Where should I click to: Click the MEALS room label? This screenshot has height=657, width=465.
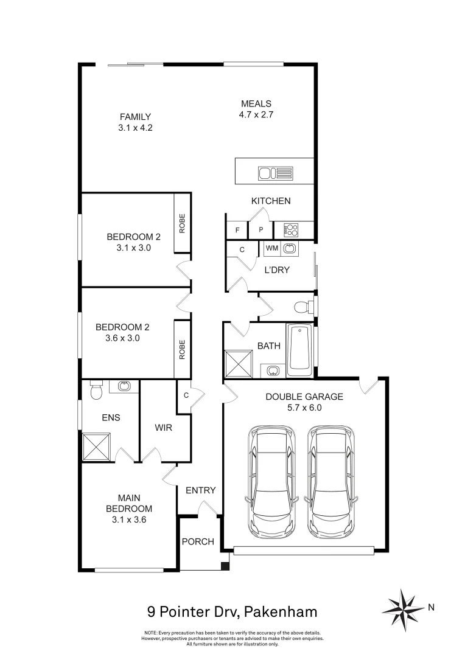point(256,103)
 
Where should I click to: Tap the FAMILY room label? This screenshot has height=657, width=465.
point(135,117)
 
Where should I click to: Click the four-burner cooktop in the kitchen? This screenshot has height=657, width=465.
point(292,230)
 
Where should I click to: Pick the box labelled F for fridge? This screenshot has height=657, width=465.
point(237,231)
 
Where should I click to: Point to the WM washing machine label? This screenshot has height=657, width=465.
point(271,249)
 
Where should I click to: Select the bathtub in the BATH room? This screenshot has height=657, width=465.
point(299,350)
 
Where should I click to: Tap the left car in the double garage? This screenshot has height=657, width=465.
point(269,481)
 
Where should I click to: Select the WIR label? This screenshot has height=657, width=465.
point(164,428)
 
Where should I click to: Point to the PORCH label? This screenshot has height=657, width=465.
point(198,541)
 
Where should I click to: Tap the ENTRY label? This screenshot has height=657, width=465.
point(200,490)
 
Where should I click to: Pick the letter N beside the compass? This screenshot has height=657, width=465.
point(432,607)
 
